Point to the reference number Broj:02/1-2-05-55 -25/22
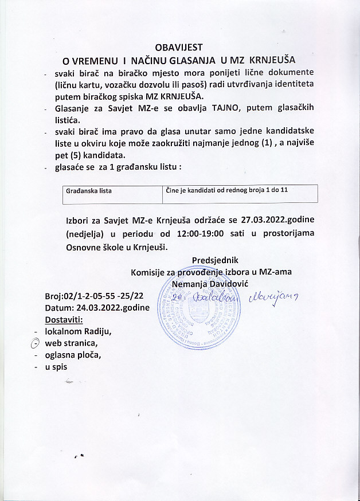pyautogui.click(x=94, y=296)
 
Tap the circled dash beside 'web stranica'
pyautogui.click(x=34, y=343)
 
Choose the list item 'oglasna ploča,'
pyautogui.click(x=73, y=355)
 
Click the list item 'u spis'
pyautogui.click(x=56, y=367)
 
